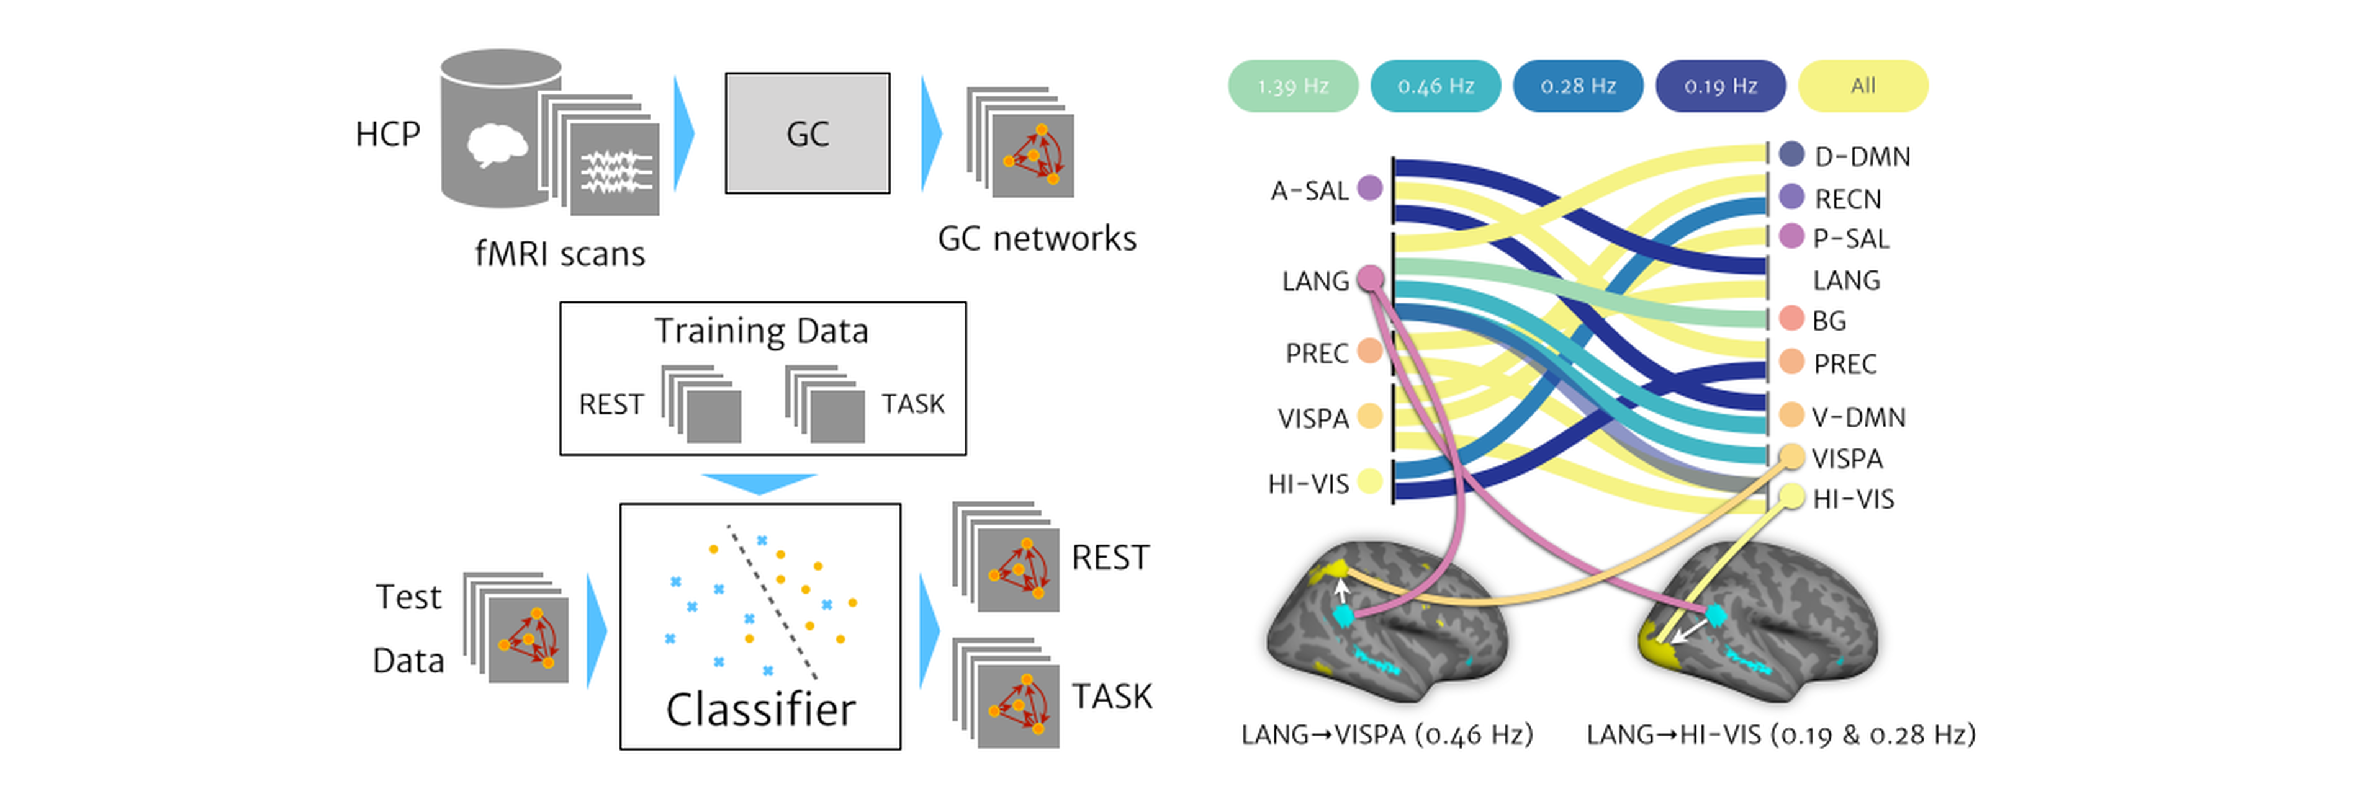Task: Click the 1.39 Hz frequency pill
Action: pyautogui.click(x=1292, y=86)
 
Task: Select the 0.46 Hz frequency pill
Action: pyautogui.click(x=1435, y=86)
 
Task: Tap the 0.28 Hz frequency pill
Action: pyautogui.click(x=1577, y=86)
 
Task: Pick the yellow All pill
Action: pyautogui.click(x=1863, y=86)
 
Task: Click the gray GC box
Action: pyautogui.click(x=807, y=133)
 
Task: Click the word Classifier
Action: pyautogui.click(x=760, y=709)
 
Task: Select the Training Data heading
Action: pyautogui.click(x=761, y=330)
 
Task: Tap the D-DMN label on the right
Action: pyautogui.click(x=1862, y=157)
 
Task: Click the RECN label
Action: pyautogui.click(x=1847, y=199)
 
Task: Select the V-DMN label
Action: pyautogui.click(x=1858, y=417)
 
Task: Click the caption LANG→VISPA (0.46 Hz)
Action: pyautogui.click(x=1386, y=735)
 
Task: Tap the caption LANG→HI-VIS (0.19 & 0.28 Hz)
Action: pyautogui.click(x=1780, y=735)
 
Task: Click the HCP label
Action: pyautogui.click(x=387, y=134)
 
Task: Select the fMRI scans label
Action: pyautogui.click(x=560, y=253)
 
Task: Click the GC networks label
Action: pyautogui.click(x=1037, y=239)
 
